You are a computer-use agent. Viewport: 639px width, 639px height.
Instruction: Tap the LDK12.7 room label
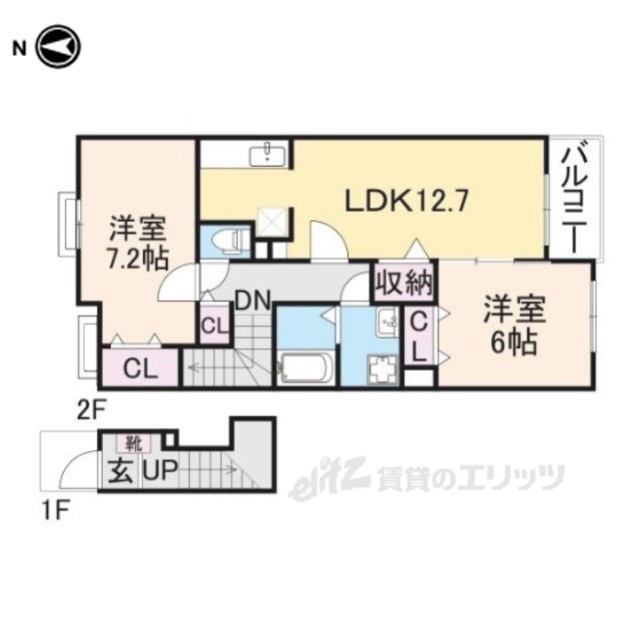click(x=406, y=201)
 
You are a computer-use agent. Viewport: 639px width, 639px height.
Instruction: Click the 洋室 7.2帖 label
click(x=136, y=241)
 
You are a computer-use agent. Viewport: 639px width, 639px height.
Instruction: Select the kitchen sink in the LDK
click(x=270, y=153)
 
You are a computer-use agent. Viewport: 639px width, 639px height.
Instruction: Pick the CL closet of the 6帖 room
click(x=420, y=336)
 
